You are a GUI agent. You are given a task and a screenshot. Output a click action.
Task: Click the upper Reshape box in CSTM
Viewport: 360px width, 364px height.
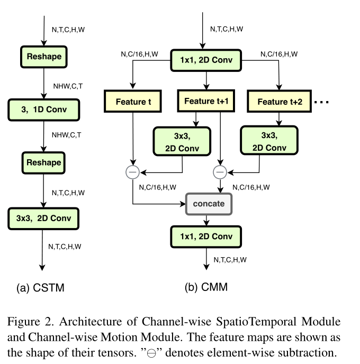coord(44,56)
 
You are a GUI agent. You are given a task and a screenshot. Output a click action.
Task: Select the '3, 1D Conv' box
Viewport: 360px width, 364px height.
coord(44,110)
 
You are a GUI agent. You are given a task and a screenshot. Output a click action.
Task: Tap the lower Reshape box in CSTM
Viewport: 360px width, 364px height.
coord(44,162)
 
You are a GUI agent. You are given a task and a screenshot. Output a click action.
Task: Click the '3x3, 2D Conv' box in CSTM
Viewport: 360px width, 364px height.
coord(44,217)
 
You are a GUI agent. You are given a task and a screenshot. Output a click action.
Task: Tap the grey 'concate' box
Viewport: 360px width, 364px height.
coord(209,204)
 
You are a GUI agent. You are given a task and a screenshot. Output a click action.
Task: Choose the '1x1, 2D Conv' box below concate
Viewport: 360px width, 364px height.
coord(205,236)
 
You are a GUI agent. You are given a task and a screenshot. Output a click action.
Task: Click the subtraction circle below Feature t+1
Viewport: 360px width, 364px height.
coord(219,172)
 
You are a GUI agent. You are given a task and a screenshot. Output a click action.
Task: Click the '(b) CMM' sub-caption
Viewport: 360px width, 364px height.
coord(205,288)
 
